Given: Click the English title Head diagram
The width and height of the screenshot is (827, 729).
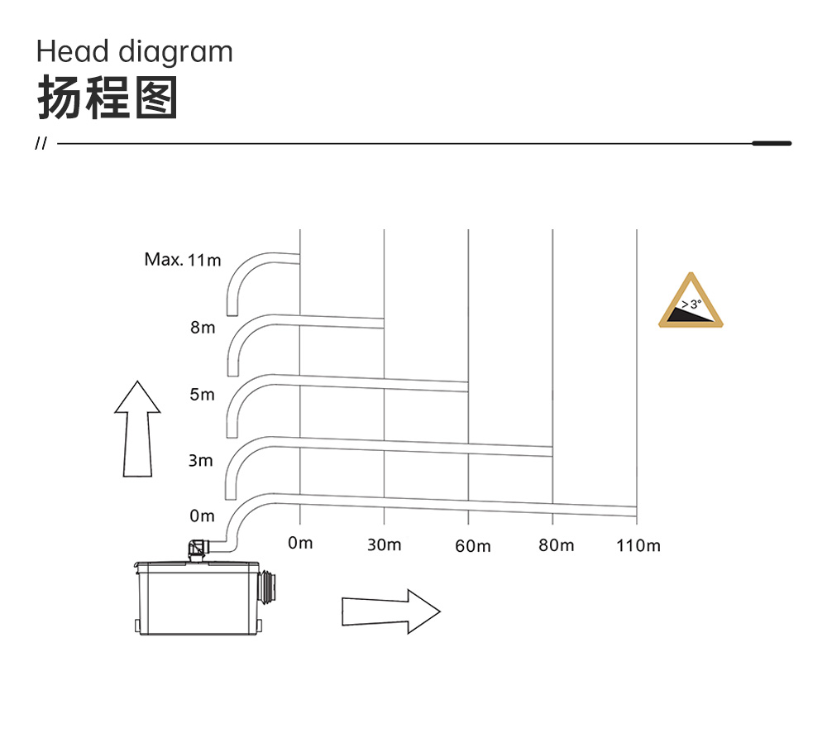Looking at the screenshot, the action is pyautogui.click(x=135, y=53).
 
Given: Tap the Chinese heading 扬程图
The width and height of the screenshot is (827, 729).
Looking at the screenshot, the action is pyautogui.click(x=107, y=98).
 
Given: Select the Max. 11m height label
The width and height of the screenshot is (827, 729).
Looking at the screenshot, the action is pyautogui.click(x=183, y=260).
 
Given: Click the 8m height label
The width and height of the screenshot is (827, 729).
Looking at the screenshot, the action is pyautogui.click(x=203, y=328).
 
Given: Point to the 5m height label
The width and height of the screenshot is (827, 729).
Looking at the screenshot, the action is pyautogui.click(x=202, y=395).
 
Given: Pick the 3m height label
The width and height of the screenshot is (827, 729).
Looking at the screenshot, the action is pyautogui.click(x=201, y=460).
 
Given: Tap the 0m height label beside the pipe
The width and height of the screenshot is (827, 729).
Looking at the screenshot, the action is pyautogui.click(x=202, y=516).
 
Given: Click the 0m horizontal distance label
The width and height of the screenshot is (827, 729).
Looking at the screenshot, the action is pyautogui.click(x=300, y=543).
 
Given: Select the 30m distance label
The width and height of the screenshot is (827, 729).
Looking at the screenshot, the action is pyautogui.click(x=384, y=544).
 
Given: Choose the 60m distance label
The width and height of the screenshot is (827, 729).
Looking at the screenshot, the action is pyautogui.click(x=472, y=545).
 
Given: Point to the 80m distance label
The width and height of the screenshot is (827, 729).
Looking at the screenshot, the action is pyautogui.click(x=556, y=544).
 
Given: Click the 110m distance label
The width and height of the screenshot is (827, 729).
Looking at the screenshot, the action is pyautogui.click(x=638, y=545).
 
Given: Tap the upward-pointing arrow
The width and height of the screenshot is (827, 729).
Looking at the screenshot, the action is pyautogui.click(x=137, y=429).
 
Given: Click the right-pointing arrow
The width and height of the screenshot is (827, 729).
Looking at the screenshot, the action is pyautogui.click(x=391, y=611).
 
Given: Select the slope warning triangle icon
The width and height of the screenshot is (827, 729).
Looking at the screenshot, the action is pyautogui.click(x=691, y=300).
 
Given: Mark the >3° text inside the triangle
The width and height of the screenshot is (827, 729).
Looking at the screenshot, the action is pyautogui.click(x=691, y=304).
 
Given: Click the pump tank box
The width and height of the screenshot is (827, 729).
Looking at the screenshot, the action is pyautogui.click(x=198, y=598).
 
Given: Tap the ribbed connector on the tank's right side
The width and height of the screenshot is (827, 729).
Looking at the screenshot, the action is pyautogui.click(x=269, y=587).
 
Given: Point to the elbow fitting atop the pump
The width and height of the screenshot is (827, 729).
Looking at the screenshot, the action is pyautogui.click(x=198, y=548).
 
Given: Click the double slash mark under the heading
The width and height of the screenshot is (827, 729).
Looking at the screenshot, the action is pyautogui.click(x=41, y=143).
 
